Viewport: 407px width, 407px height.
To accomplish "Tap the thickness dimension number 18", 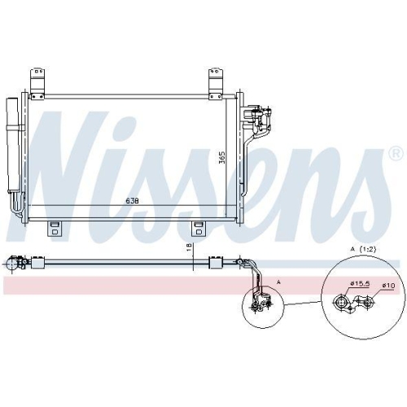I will click(190, 247).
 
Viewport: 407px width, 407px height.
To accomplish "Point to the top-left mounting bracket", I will click(38, 81).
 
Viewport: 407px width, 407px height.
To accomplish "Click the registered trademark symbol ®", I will click(395, 153).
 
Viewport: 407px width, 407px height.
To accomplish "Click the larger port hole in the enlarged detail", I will click(342, 304).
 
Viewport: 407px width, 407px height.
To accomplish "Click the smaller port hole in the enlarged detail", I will click(368, 304).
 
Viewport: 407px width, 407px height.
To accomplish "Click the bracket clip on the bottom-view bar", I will click(217, 262).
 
